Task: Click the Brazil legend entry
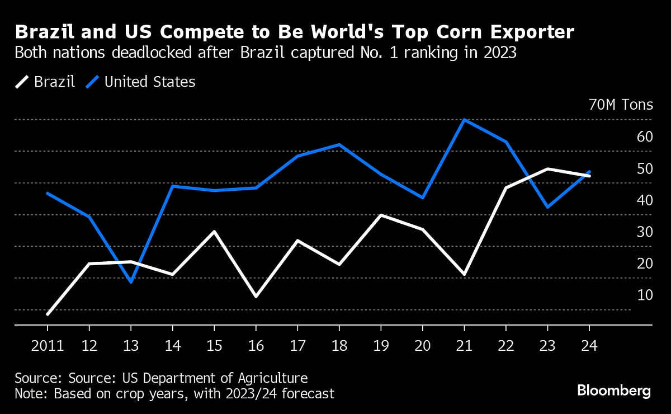click(x=45, y=82)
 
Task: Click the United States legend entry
click(x=141, y=82)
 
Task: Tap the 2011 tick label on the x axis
click(x=47, y=345)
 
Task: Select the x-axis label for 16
click(x=256, y=345)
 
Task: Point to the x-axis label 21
click(x=464, y=345)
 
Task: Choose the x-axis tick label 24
click(x=589, y=345)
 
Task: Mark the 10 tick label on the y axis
click(x=645, y=295)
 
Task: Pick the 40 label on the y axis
click(x=645, y=200)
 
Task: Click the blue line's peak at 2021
click(x=464, y=120)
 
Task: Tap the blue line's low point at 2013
click(x=131, y=282)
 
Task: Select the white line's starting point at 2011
click(x=48, y=314)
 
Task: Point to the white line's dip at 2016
click(x=256, y=296)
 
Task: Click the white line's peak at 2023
click(x=547, y=169)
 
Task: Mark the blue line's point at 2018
click(x=339, y=145)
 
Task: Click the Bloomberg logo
click(x=613, y=391)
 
